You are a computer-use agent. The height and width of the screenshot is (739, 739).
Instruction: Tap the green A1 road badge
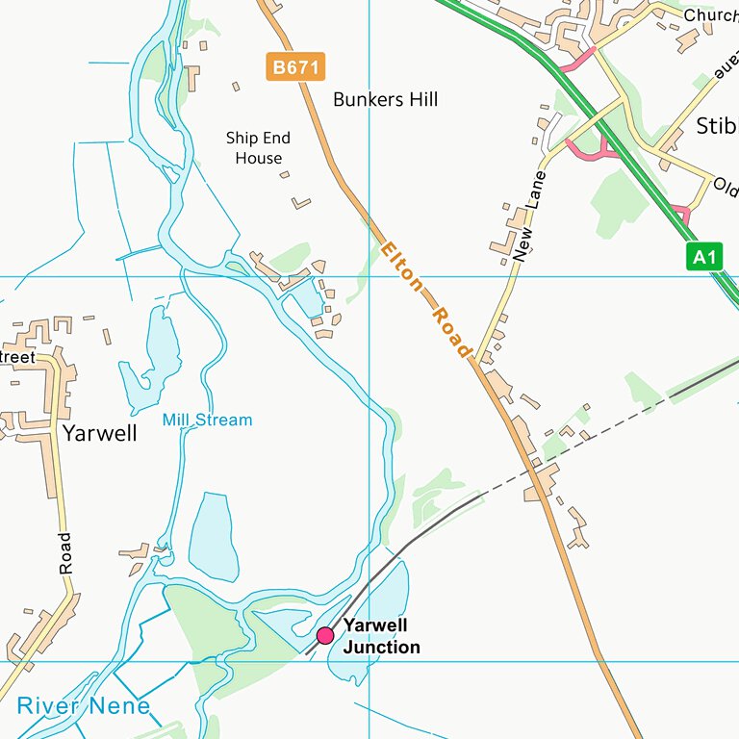(x=704, y=257)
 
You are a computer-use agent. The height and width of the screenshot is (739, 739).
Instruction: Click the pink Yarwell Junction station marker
(x=325, y=635)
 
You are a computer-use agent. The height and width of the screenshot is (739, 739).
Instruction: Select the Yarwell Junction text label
(x=382, y=636)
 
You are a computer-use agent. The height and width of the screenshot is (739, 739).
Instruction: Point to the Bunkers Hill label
(x=385, y=99)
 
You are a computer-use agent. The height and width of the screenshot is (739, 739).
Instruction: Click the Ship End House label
(x=258, y=148)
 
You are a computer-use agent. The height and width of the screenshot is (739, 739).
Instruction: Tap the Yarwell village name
(x=99, y=433)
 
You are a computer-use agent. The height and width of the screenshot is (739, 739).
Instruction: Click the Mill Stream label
(x=207, y=420)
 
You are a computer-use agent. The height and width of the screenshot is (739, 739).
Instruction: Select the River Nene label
(x=84, y=706)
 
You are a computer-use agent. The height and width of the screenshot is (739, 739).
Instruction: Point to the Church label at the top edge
(x=711, y=15)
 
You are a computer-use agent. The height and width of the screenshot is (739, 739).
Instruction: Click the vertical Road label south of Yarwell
(x=65, y=553)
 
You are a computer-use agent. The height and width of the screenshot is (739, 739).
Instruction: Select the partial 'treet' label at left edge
(x=16, y=357)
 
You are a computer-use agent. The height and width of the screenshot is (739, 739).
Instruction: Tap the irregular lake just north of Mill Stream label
(x=154, y=356)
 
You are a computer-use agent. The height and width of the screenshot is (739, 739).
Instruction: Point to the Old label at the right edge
(x=725, y=184)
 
